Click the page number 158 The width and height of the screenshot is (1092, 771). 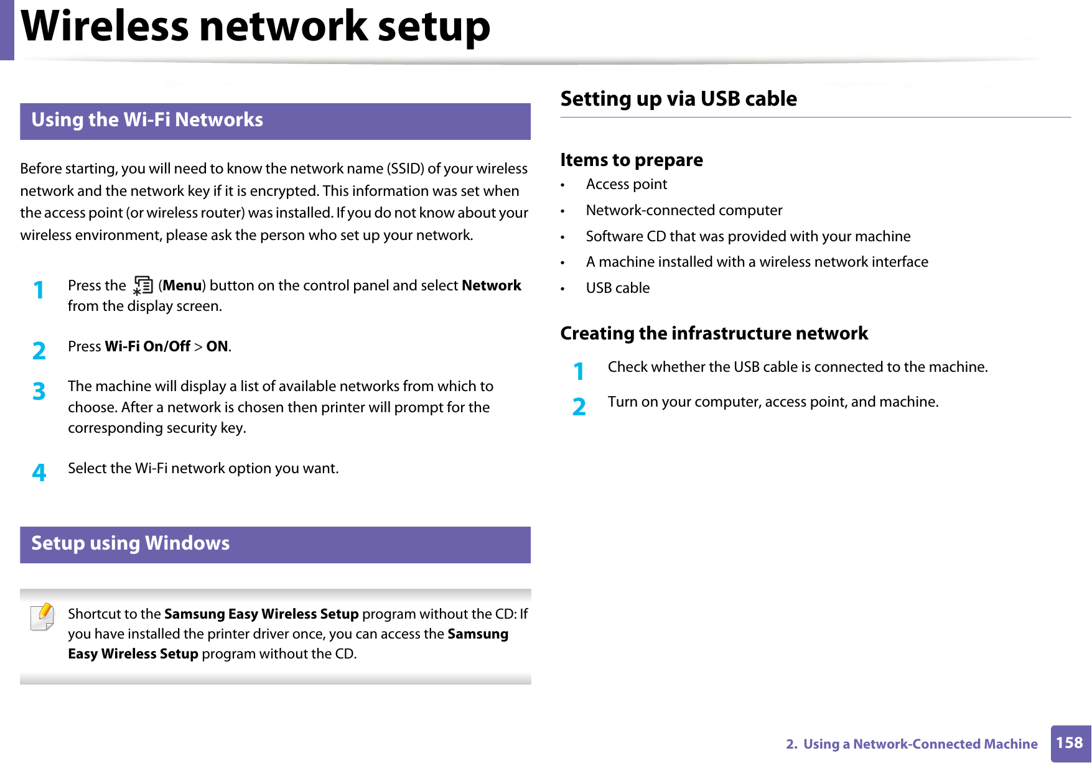(x=1070, y=743)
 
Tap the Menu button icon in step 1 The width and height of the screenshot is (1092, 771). (x=143, y=286)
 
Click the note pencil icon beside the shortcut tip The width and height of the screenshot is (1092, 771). (x=42, y=617)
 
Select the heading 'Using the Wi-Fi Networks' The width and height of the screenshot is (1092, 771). (x=147, y=120)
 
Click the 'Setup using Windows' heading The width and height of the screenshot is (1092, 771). (x=131, y=543)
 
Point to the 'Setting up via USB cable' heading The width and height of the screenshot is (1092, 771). (x=678, y=99)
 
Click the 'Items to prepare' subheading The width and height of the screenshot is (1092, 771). (x=632, y=160)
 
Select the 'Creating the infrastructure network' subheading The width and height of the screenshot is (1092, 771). (x=714, y=333)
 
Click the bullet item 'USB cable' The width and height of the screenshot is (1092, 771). (x=617, y=288)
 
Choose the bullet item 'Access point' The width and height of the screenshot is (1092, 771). (x=626, y=184)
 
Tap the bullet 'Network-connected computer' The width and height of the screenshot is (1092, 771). (x=684, y=210)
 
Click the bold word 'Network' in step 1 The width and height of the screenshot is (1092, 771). (x=491, y=285)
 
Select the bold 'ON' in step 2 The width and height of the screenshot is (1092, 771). (x=217, y=346)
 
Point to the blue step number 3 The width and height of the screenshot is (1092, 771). (x=39, y=392)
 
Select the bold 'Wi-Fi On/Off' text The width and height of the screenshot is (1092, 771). (x=147, y=346)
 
